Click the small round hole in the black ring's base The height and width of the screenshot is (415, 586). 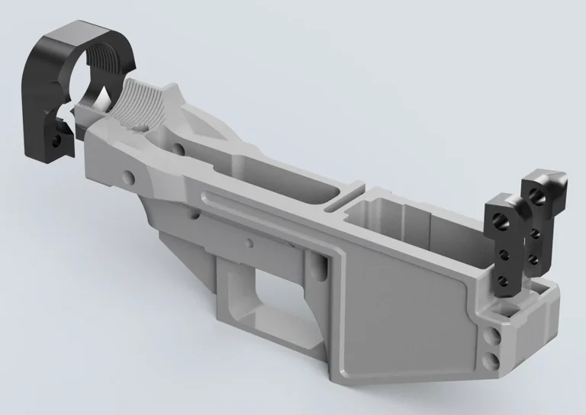(56, 141)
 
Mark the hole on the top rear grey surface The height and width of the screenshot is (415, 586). (178, 147)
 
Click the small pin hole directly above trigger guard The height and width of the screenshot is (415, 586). (248, 243)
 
